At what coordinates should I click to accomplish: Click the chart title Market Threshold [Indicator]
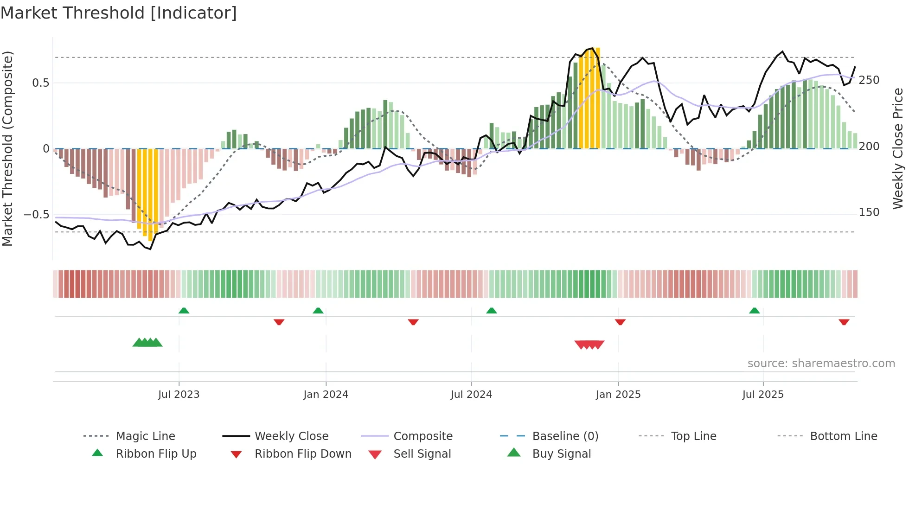pos(119,13)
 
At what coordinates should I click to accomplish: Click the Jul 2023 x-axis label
pos(179,395)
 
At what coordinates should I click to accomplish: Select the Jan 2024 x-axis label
pos(326,395)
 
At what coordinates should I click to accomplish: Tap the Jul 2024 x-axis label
pos(471,395)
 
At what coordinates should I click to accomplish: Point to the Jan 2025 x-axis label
pos(618,395)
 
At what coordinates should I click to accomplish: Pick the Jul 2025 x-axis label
pos(763,395)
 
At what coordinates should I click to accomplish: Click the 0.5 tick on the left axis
pos(40,83)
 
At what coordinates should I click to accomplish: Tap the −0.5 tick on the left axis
pos(37,215)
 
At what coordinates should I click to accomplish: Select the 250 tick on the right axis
pos(869,80)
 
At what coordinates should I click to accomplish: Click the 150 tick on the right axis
pos(869,212)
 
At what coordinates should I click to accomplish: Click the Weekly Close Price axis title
pos(898,148)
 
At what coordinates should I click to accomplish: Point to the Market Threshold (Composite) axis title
pos(7,148)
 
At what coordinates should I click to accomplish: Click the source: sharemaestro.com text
pos(821,364)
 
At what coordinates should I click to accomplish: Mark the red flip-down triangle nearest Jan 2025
pos(620,322)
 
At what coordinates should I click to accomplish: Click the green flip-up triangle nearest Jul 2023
pos(184,311)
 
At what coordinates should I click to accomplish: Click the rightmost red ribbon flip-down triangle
pos(844,322)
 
